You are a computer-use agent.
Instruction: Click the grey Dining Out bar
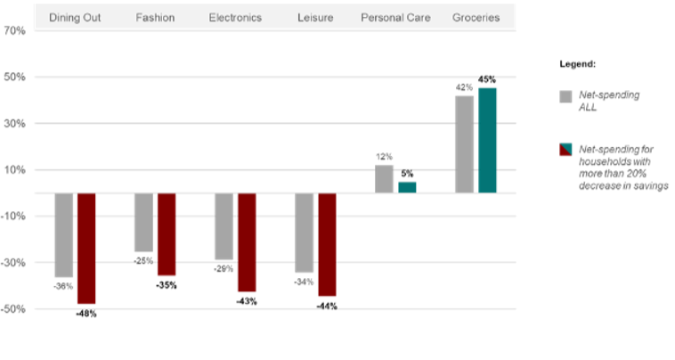(63, 234)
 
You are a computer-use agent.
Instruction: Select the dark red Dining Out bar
(86, 248)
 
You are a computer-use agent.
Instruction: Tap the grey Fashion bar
(143, 222)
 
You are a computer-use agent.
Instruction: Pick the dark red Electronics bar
(247, 241)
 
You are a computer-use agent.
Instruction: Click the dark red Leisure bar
(327, 243)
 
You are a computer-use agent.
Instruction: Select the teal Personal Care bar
(407, 187)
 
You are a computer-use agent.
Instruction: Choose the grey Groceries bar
(464, 143)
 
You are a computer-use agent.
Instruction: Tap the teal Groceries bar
(487, 140)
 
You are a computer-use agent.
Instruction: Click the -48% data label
(86, 314)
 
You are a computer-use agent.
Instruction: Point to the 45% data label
(487, 79)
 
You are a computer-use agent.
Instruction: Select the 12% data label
(384, 157)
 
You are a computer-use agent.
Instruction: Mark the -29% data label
(224, 268)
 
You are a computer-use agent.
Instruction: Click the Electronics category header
(235, 18)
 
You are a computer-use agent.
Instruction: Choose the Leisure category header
(315, 18)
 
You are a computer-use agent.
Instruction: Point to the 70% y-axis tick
(15, 30)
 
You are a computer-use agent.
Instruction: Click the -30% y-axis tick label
(15, 263)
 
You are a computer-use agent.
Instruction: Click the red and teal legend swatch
(564, 150)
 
